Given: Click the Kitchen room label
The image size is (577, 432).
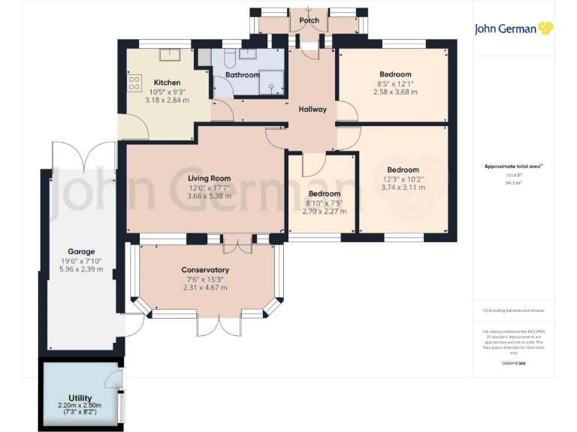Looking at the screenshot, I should point(167,82).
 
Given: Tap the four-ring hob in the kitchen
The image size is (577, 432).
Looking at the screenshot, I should point(135,82).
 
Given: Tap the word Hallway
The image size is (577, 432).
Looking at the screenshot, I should point(313,109).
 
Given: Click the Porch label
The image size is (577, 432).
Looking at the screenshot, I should point(309,20).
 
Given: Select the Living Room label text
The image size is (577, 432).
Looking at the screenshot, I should point(209,178).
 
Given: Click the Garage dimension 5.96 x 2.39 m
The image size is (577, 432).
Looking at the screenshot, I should point(78,269).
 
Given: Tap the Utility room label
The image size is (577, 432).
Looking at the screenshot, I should point(80,398).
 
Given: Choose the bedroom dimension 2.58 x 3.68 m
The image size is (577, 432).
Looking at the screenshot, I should point(395,92).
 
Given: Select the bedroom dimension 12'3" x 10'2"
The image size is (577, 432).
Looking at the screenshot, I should point(403,178).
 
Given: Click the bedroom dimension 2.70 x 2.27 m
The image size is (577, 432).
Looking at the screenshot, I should point(324,211).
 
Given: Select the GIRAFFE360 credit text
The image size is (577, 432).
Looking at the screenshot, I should point(514,363).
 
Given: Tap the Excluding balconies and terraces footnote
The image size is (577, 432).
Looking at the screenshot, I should point(514,310).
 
